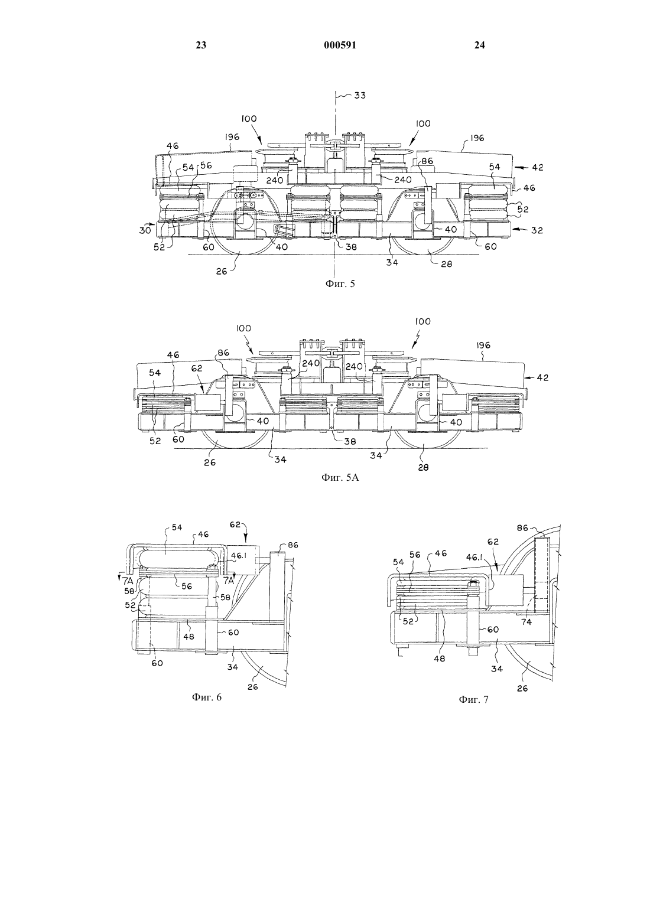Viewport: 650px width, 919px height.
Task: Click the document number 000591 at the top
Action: [x=340, y=45]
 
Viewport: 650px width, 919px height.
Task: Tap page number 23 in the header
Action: [x=201, y=45]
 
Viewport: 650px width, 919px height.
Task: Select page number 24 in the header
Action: [x=479, y=45]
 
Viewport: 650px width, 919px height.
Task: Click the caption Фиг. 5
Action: [x=340, y=283]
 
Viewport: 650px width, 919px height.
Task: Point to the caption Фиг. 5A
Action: [x=340, y=477]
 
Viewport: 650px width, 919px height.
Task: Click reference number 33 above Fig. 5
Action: [x=360, y=95]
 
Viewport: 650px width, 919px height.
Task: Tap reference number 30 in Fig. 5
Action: [x=144, y=230]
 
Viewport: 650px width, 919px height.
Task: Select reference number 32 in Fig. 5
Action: [x=537, y=230]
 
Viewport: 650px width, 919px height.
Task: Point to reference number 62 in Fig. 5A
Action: [x=197, y=369]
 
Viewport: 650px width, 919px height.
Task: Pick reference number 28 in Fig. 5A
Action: [x=423, y=467]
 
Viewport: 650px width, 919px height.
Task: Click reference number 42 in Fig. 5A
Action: [x=542, y=377]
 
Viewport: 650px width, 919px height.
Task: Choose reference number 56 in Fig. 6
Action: [x=187, y=586]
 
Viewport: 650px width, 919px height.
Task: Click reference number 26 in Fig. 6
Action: [x=253, y=687]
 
